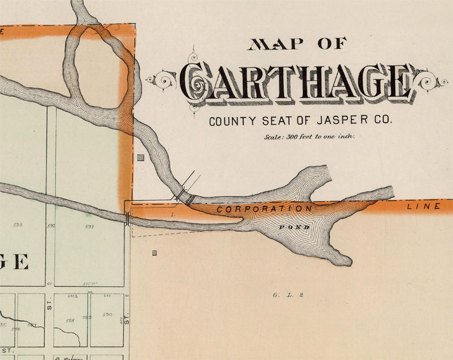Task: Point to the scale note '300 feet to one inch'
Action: click(309, 137)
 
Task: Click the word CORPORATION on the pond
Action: click(265, 209)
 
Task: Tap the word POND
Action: click(295, 227)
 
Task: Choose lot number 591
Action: click(89, 227)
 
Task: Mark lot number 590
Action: click(108, 314)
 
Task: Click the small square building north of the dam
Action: click(140, 158)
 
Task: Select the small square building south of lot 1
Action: click(155, 252)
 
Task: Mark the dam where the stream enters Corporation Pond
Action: click(184, 197)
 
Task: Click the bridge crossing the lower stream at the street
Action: click(127, 218)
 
